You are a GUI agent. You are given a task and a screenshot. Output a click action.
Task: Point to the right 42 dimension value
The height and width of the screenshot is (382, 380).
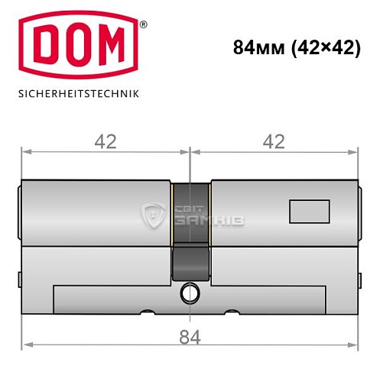coord(272,141)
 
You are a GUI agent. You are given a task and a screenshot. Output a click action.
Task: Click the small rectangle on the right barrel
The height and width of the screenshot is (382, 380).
coord(309,208)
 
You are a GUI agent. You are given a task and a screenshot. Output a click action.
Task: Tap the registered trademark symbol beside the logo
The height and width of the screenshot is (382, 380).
coord(142,26)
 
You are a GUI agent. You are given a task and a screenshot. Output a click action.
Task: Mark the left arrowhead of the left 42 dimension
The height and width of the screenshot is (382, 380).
coord(24,152)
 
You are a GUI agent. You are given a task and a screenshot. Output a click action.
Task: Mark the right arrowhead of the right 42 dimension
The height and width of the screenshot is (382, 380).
coord(355,152)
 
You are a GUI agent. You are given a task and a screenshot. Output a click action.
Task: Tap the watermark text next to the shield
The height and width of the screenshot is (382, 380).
coord(200,215)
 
